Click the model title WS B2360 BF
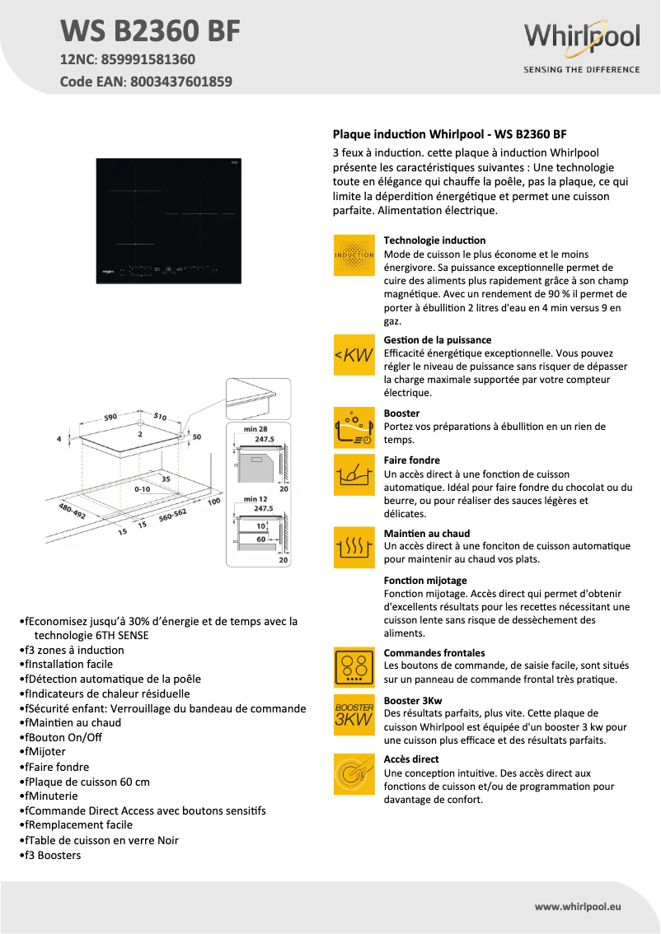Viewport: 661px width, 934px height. pos(151,31)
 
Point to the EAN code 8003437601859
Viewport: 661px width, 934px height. pos(178,82)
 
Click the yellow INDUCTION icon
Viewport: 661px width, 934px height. pos(354,254)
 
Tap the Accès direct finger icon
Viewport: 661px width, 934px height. pos(354,774)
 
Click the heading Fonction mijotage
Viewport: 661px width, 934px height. pos(425,581)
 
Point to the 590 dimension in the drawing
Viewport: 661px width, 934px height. pos(110,418)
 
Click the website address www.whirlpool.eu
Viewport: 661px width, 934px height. pos(577,906)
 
